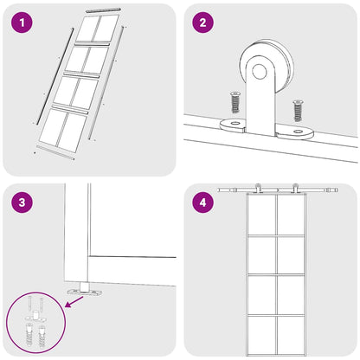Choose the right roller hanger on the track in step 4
coord(296,189)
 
